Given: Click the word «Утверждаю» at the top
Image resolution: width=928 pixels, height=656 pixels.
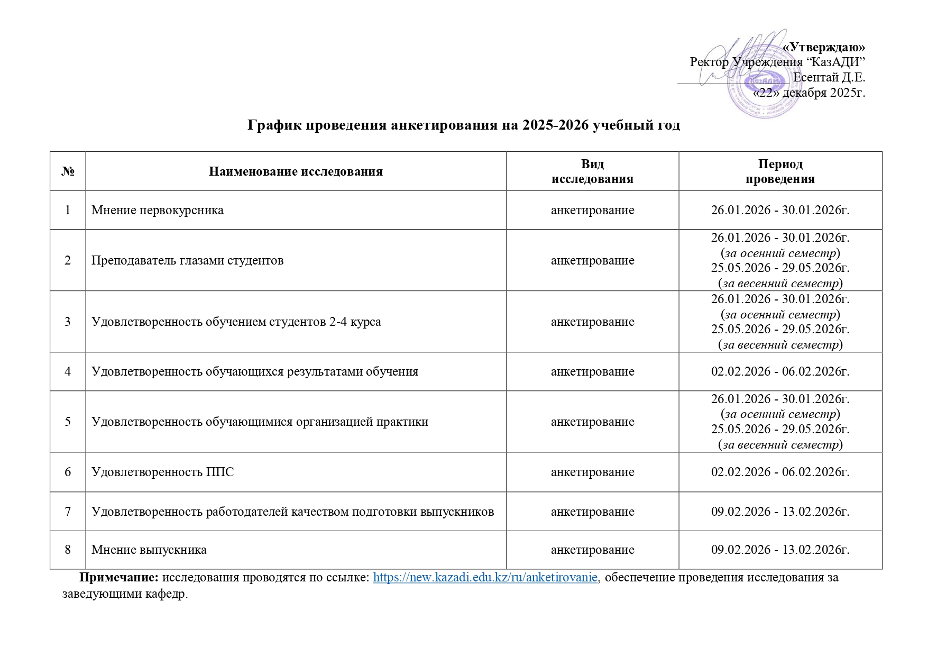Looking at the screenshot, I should pyautogui.click(x=823, y=47).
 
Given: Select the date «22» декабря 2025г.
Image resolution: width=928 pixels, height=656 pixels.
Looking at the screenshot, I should pyautogui.click(x=809, y=93).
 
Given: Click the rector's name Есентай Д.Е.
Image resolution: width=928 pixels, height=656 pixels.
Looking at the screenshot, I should pyautogui.click(x=829, y=78).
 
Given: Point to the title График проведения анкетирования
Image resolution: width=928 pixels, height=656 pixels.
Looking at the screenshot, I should pyautogui.click(x=464, y=125).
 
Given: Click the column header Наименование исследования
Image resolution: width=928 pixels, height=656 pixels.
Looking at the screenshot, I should pyautogui.click(x=296, y=171).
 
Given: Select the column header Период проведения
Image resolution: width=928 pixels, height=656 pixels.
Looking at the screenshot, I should pyautogui.click(x=780, y=171).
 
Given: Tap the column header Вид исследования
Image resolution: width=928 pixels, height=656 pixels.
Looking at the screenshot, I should pyautogui.click(x=592, y=171).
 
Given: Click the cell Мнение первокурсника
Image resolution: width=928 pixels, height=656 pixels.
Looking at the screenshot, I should pyautogui.click(x=158, y=210).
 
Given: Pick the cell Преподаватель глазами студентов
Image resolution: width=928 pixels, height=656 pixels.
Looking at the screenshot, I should pyautogui.click(x=188, y=260).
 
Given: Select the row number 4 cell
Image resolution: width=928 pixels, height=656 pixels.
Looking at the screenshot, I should pyautogui.click(x=68, y=371).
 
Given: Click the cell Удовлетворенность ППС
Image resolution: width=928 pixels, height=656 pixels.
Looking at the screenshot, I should pyautogui.click(x=163, y=472).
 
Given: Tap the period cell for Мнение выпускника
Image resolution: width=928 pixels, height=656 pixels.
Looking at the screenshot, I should pyautogui.click(x=780, y=550).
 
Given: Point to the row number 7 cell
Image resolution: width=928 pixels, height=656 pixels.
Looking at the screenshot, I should pyautogui.click(x=68, y=512).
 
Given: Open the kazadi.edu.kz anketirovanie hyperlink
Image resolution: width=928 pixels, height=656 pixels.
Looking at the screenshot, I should pyautogui.click(x=485, y=577).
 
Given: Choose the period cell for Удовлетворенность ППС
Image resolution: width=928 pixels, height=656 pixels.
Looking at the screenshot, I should pyautogui.click(x=780, y=472).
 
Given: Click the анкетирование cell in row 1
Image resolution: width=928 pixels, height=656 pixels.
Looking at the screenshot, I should pyautogui.click(x=592, y=210).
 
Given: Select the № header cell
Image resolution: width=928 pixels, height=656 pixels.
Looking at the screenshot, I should pyautogui.click(x=68, y=171).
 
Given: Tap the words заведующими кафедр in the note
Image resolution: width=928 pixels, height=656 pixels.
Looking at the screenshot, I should pyautogui.click(x=125, y=594).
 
